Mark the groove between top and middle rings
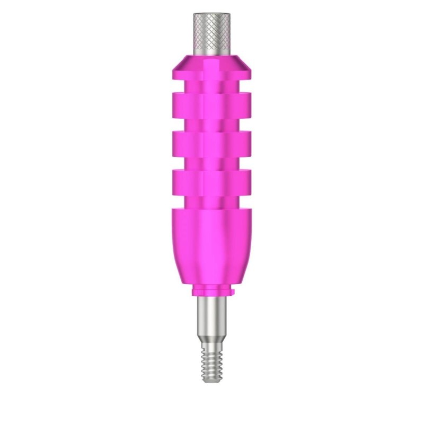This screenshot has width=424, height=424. coord(205,121)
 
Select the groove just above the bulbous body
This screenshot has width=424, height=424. coord(205,201)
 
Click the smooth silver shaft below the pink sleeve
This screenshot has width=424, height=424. coord(205,313)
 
